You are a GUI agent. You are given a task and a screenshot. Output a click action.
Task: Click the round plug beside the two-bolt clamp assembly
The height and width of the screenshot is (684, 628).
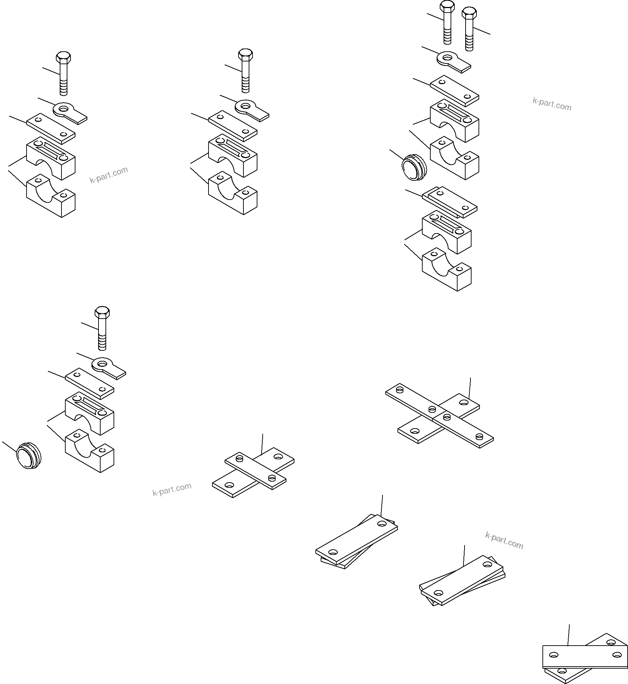414,169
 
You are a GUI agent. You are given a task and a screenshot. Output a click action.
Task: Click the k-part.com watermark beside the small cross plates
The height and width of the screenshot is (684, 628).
172,489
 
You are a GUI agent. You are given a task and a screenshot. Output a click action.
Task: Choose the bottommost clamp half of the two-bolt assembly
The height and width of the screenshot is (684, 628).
447,270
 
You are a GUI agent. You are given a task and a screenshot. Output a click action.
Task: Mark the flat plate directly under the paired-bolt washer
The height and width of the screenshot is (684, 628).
454,90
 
